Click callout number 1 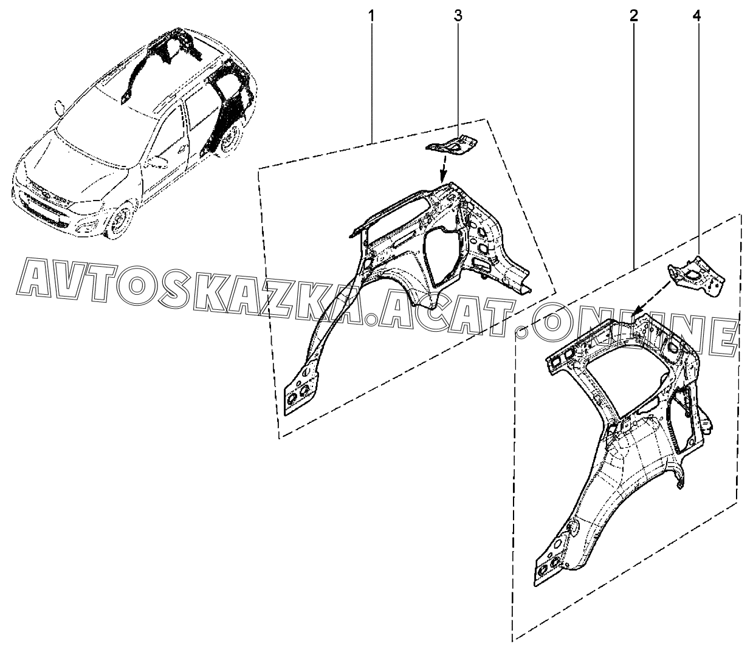click(371, 16)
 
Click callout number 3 click(458, 16)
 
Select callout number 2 click(633, 16)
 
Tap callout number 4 click(697, 16)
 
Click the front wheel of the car click(119, 221)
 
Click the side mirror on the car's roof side click(59, 108)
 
